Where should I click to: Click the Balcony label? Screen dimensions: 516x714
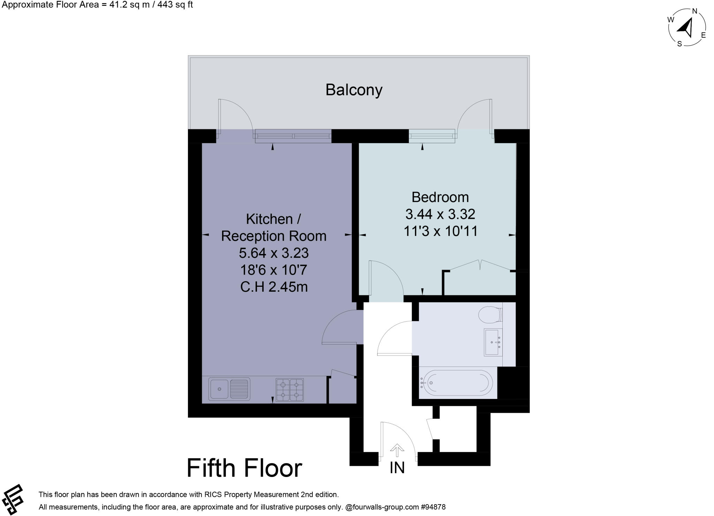pos(354,90)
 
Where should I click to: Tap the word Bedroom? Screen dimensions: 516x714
pos(440,197)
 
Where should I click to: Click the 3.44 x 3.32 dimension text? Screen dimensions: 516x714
pos(440,214)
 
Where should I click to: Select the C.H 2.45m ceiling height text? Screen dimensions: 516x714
pos(274,287)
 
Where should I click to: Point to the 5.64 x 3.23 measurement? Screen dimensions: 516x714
pos(274,253)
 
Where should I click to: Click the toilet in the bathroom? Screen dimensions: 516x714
pos(490,315)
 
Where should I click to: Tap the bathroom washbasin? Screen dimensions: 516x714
pos(493,342)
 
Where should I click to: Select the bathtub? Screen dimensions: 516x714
pos(456,383)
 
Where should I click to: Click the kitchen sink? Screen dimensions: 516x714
pos(229,389)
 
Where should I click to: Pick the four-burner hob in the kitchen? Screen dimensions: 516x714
pos(289,390)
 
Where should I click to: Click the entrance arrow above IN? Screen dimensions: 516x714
pos(397,450)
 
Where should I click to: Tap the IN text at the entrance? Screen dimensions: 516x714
pos(397,468)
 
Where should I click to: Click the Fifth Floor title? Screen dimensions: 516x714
pos(244,468)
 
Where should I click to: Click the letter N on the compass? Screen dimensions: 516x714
pos(694,11)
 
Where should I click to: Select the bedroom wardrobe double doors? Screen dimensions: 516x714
pos(480,265)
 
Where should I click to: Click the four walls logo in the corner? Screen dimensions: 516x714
pos(13,499)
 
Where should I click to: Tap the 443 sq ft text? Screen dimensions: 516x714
pos(174,5)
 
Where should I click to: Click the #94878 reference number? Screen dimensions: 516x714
pos(433,507)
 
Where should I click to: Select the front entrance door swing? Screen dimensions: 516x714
pos(397,439)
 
